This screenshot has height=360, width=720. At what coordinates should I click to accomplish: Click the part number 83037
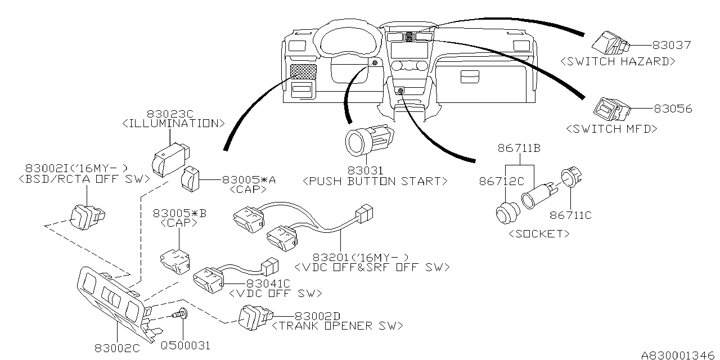pos(671,45)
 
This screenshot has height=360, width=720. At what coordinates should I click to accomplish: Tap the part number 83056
pos(672,109)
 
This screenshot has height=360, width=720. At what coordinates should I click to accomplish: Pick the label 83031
pos(366,170)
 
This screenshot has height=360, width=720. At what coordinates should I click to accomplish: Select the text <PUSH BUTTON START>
pos(375,181)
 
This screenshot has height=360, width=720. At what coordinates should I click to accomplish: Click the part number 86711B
pos(519,148)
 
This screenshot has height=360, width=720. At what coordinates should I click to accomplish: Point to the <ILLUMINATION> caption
pos(174,123)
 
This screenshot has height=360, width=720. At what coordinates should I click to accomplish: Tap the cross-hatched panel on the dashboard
pos(304,71)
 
